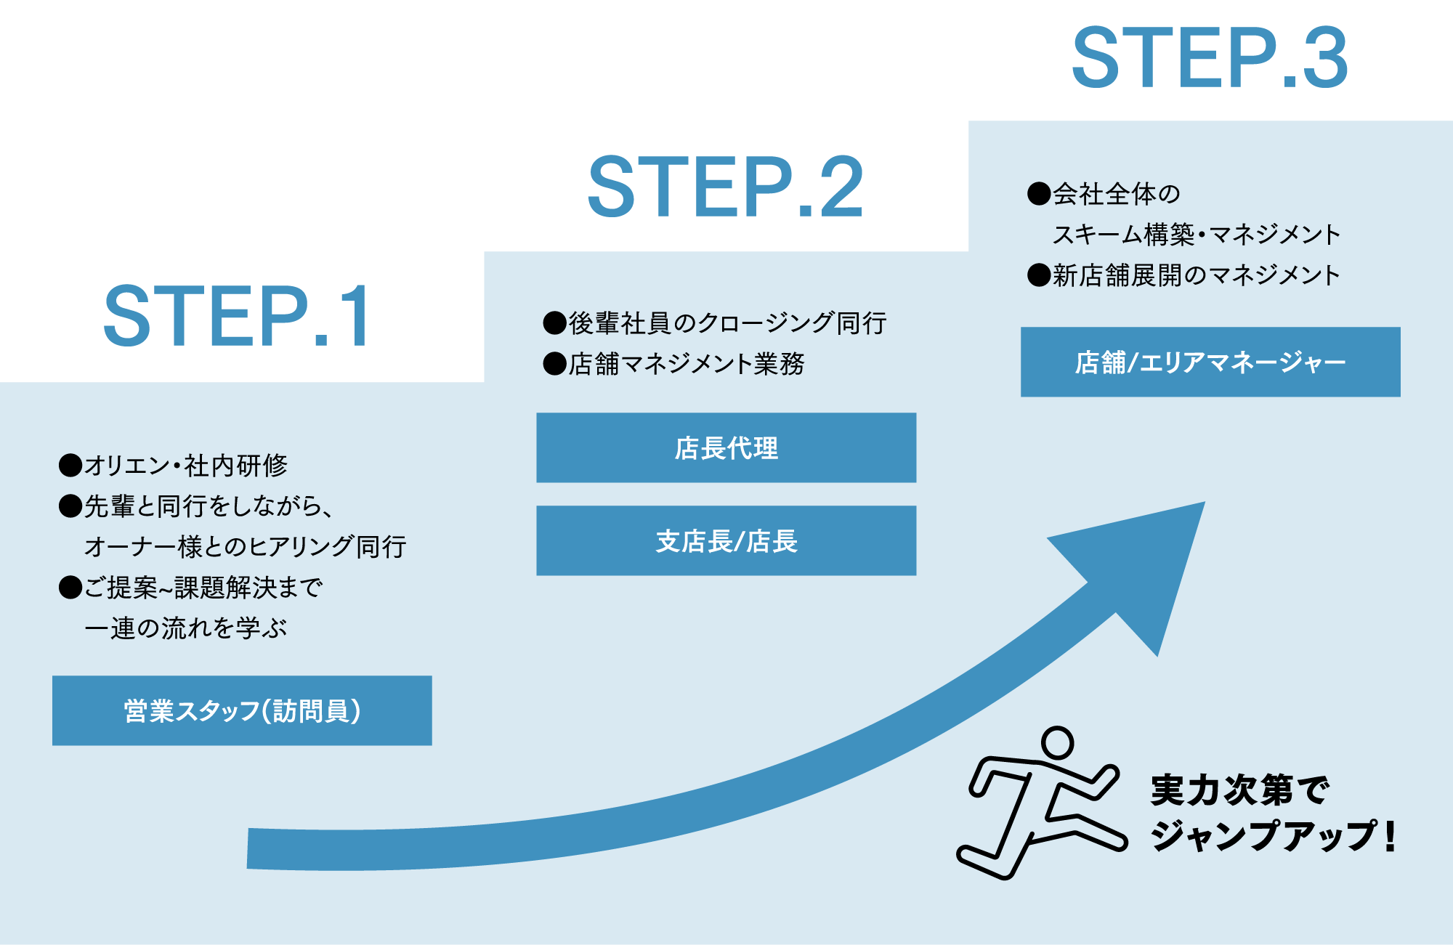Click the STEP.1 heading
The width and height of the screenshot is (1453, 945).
tap(237, 317)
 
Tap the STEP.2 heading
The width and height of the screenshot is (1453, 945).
tap(725, 187)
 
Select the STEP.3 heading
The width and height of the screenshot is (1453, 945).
tap(1210, 58)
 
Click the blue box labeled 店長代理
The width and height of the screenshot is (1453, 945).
tap(726, 447)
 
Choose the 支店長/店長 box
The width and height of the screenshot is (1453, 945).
tap(726, 540)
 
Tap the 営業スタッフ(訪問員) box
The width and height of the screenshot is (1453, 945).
tap(242, 710)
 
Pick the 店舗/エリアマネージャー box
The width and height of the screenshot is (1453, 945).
tap(1210, 362)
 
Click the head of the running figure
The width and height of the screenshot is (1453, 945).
tap(1057, 742)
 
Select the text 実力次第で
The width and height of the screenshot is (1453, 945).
tap(1239, 790)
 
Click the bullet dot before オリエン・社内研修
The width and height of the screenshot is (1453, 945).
tap(70, 465)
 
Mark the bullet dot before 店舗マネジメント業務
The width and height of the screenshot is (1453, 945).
tap(554, 363)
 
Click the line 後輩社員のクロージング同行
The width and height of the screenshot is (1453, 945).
tap(726, 323)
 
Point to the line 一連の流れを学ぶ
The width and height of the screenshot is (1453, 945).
tap(185, 628)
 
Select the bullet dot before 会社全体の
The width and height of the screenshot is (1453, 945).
tap(1039, 194)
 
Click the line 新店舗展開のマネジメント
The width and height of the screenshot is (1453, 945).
tap(1196, 275)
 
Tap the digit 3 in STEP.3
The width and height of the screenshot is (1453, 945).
tap(1324, 58)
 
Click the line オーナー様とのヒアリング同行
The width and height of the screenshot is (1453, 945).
tap(245, 546)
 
